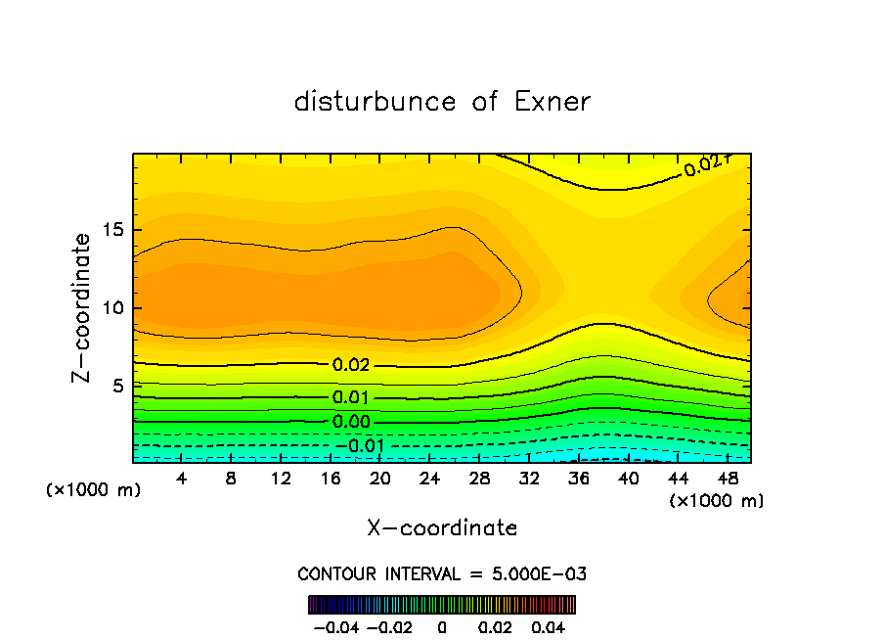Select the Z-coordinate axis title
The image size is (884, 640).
(82, 307)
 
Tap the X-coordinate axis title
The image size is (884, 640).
(442, 528)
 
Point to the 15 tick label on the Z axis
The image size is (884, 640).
(110, 231)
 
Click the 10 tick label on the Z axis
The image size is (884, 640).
(110, 308)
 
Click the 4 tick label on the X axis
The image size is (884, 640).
(181, 480)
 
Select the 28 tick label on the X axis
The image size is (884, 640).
(479, 480)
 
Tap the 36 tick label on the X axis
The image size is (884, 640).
(578, 480)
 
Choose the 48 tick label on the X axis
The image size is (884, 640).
(727, 480)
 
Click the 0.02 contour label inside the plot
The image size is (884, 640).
(351, 365)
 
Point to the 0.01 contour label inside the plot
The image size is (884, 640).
(351, 397)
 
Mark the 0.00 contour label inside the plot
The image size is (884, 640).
(351, 422)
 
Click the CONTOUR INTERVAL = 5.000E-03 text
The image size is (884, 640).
(442, 574)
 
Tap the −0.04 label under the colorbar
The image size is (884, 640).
(335, 626)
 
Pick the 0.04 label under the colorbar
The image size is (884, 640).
(550, 626)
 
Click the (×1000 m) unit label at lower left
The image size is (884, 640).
(93, 490)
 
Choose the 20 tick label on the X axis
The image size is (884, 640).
(379, 480)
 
